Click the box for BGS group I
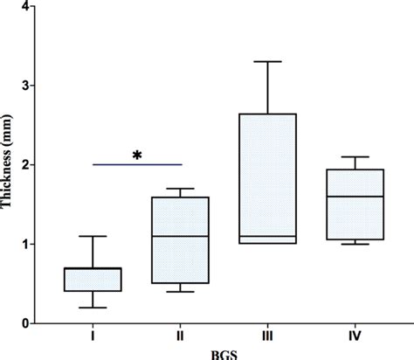92,279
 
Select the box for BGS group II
179,240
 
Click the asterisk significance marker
136,156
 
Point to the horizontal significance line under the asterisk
136,164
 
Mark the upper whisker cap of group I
92,236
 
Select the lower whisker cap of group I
92,308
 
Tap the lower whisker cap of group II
179,291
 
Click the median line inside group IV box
355,197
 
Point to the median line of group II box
179,236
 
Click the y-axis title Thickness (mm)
8,166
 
